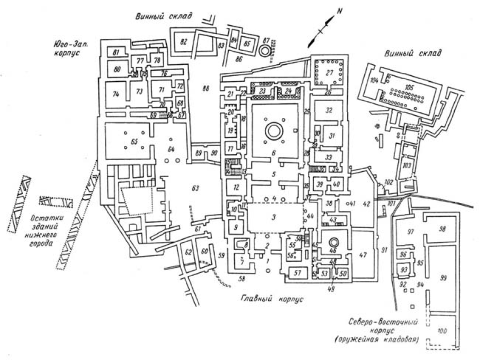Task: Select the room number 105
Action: pyautogui.click(x=409, y=86)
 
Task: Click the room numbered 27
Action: pyautogui.click(x=329, y=73)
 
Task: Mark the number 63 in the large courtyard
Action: pyautogui.click(x=196, y=188)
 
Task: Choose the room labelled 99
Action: pyautogui.click(x=443, y=277)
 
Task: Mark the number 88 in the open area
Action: pyautogui.click(x=205, y=89)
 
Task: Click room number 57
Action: pyautogui.click(x=298, y=274)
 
